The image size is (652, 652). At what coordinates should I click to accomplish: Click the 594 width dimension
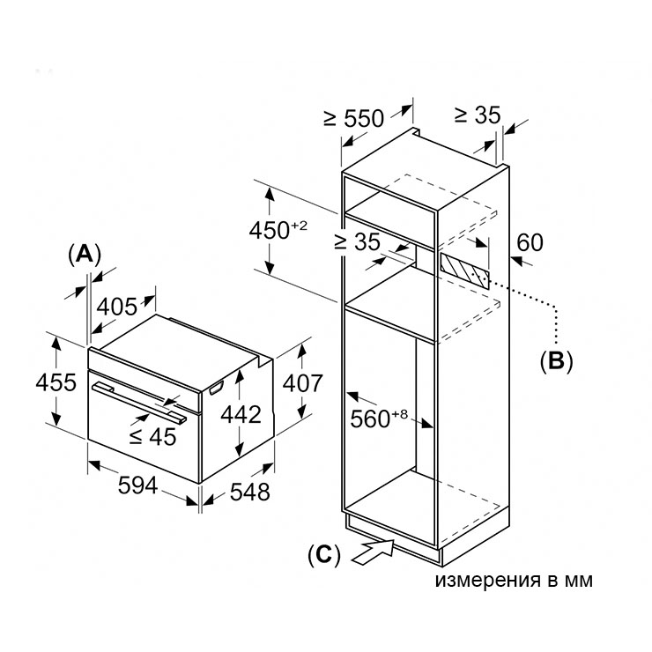[137, 485]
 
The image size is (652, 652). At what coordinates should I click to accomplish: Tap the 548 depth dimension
[250, 492]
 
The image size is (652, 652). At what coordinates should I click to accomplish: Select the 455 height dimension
[56, 382]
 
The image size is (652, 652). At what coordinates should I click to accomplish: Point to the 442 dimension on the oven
[241, 415]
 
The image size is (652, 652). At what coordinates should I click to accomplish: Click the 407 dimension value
[303, 383]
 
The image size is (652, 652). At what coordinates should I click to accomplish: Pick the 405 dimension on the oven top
[117, 307]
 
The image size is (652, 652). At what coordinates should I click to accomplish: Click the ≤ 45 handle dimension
[152, 437]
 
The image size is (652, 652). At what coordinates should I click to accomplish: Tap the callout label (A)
[85, 255]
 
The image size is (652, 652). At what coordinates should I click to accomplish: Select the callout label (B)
[556, 361]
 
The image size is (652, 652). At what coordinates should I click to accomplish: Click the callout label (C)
[324, 555]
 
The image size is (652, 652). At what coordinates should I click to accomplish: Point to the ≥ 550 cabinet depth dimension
[354, 118]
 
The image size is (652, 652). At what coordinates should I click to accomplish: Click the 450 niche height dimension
[278, 230]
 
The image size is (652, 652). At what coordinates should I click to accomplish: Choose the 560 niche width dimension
[379, 419]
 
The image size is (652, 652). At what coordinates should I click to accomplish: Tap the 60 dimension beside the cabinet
[530, 242]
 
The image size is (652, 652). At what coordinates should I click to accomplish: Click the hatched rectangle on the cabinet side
[464, 271]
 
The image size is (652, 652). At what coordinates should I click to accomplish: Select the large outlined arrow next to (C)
[373, 552]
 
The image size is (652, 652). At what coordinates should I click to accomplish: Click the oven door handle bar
[140, 402]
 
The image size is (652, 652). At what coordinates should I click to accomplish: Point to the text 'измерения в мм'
[514, 580]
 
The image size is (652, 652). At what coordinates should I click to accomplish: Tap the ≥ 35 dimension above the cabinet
[478, 115]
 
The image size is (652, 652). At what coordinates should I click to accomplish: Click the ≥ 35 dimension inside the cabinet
[357, 241]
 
